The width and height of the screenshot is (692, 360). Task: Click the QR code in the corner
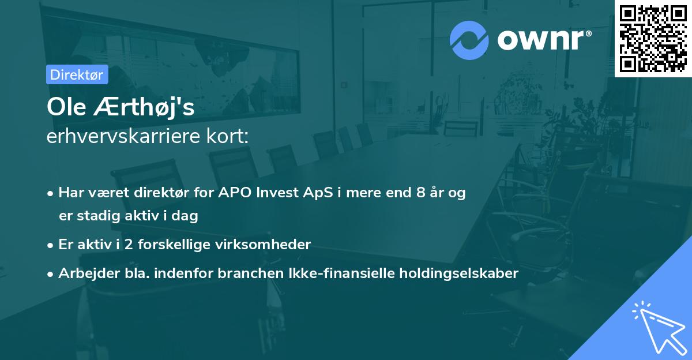point(653,38)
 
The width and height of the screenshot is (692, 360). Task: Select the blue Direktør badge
point(77,74)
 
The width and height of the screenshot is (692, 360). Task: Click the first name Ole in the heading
point(65,108)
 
